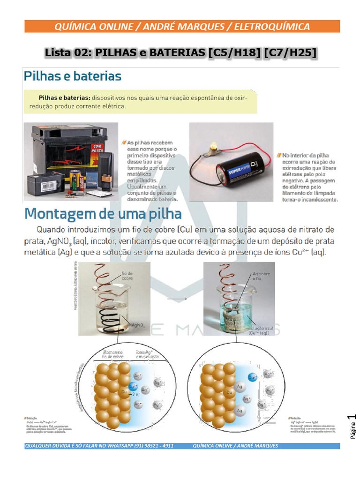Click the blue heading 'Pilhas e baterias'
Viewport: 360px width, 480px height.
click(x=73, y=76)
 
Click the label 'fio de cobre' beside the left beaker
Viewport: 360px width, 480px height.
click(x=127, y=276)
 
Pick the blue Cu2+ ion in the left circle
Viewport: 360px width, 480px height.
click(x=133, y=387)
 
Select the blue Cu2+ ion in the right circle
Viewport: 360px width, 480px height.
click(x=252, y=376)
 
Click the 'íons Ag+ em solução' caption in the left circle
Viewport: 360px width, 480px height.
click(x=147, y=354)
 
